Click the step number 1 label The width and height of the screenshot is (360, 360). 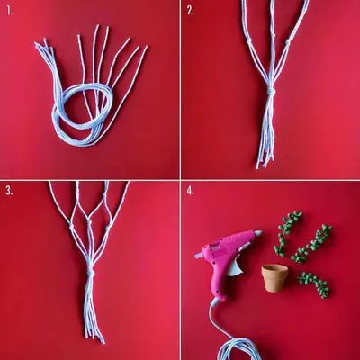tap(10, 11)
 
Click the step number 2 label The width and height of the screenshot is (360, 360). tap(190, 11)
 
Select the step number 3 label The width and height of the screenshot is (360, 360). tap(10, 191)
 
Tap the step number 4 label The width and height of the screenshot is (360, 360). tap(190, 191)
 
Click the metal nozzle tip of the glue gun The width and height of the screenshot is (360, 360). tap(199, 256)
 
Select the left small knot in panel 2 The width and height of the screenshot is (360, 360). tap(249, 41)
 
